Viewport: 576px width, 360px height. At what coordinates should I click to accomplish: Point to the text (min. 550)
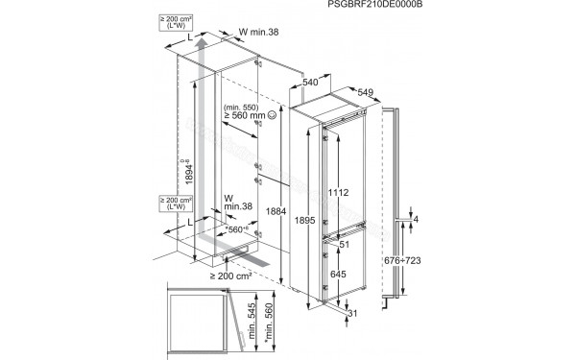click(x=239, y=108)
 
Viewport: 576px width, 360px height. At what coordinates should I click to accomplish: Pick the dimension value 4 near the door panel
click(x=418, y=220)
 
